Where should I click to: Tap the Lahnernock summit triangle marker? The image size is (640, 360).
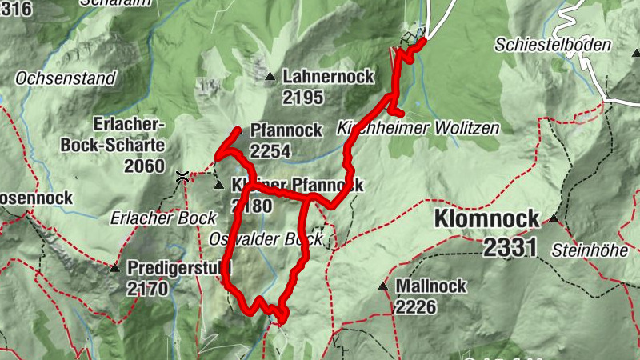(270, 77)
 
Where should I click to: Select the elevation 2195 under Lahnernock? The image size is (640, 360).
(302, 98)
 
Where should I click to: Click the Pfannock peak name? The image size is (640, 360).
(286, 130)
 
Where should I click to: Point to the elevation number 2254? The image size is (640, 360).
(270, 151)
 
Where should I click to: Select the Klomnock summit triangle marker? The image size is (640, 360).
(553, 218)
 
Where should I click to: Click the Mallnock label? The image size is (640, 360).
(430, 286)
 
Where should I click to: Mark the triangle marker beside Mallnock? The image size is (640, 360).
(383, 286)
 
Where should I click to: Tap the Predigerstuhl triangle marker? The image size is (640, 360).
(114, 268)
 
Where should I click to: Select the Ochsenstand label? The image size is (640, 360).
(66, 79)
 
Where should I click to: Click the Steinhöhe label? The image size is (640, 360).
(590, 250)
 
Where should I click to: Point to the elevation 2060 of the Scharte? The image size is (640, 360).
(144, 166)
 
